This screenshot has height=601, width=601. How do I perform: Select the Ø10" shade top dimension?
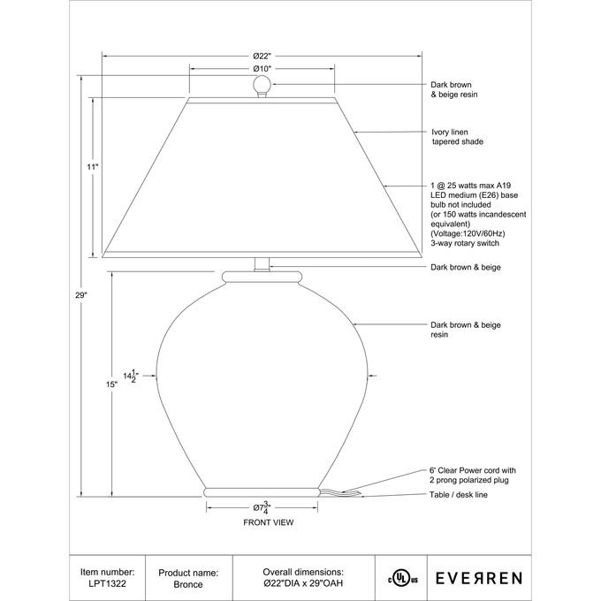261,69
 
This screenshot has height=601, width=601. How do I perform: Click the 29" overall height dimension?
81,295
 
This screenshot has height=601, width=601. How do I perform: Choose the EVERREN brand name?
482,577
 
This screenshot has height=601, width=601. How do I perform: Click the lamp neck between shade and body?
261,262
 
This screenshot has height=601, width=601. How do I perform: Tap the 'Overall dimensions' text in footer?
303,572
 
